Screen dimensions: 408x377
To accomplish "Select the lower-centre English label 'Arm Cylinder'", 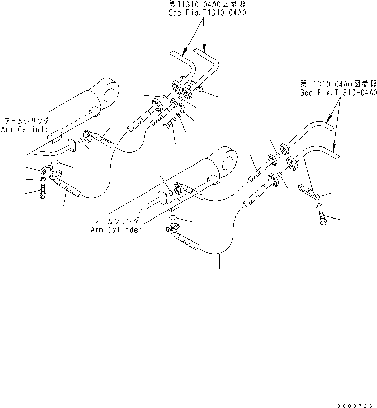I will coord(116,230).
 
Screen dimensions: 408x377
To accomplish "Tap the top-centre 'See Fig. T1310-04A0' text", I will coord(207,13).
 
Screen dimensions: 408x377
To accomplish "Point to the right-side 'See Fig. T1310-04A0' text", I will coord(338,92).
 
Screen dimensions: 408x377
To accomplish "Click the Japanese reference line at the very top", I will coord(207,5).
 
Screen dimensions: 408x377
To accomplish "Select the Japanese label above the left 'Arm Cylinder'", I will coord(26,121).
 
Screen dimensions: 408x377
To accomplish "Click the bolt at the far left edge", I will coord(43,193).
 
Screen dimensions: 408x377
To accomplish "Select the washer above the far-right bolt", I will coord(318,206).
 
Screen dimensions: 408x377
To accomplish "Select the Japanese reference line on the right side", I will coord(338,84).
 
